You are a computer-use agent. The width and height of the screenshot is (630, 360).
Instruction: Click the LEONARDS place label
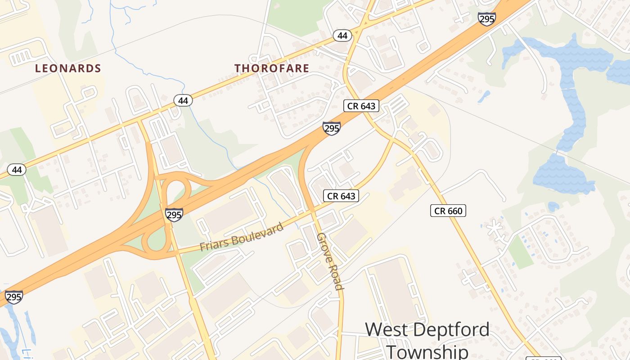pyautogui.click(x=68, y=68)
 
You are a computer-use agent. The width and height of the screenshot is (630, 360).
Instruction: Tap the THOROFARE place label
pyautogui.click(x=272, y=68)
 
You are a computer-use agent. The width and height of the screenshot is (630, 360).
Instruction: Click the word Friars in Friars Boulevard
pyautogui.click(x=215, y=243)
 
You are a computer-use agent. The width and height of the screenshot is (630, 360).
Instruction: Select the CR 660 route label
pyautogui.click(x=448, y=211)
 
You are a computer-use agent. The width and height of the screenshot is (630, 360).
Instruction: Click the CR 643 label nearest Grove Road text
pyautogui.click(x=341, y=196)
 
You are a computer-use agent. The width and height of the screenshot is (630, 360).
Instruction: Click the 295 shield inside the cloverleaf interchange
pyautogui.click(x=174, y=214)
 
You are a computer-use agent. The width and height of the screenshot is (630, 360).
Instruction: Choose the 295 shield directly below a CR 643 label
pyautogui.click(x=331, y=129)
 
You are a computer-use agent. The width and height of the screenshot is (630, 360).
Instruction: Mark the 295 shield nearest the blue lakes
pyautogui.click(x=487, y=19)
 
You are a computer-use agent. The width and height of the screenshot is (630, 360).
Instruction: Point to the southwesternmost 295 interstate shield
pyautogui.click(x=14, y=297)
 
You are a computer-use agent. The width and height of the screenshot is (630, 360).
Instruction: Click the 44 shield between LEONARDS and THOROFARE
pyautogui.click(x=183, y=100)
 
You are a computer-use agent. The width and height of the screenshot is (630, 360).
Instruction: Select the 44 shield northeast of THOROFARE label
pyautogui.click(x=342, y=36)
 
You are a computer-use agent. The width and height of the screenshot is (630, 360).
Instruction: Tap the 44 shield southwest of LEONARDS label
pyautogui.click(x=17, y=170)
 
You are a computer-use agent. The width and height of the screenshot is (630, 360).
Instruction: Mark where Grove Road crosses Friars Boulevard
pyautogui.click(x=311, y=211)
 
